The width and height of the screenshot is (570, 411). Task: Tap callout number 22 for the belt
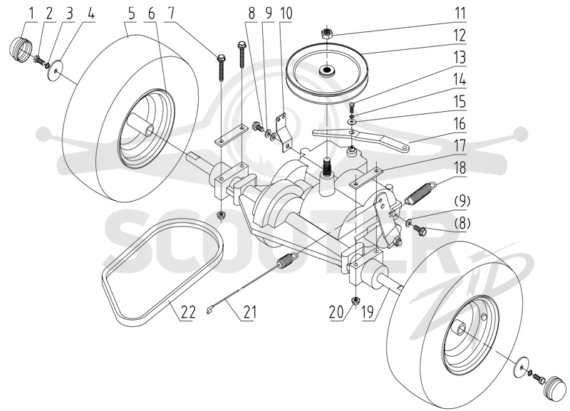coord(187,312)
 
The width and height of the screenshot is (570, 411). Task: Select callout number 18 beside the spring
coord(460,168)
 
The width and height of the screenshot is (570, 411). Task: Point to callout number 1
coord(31,14)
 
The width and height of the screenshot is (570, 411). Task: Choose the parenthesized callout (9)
coord(461,201)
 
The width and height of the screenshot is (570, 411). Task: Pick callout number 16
coord(460,123)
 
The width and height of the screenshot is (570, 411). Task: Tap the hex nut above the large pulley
coord(326,33)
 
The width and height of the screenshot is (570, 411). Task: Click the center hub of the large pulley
coord(326,71)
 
